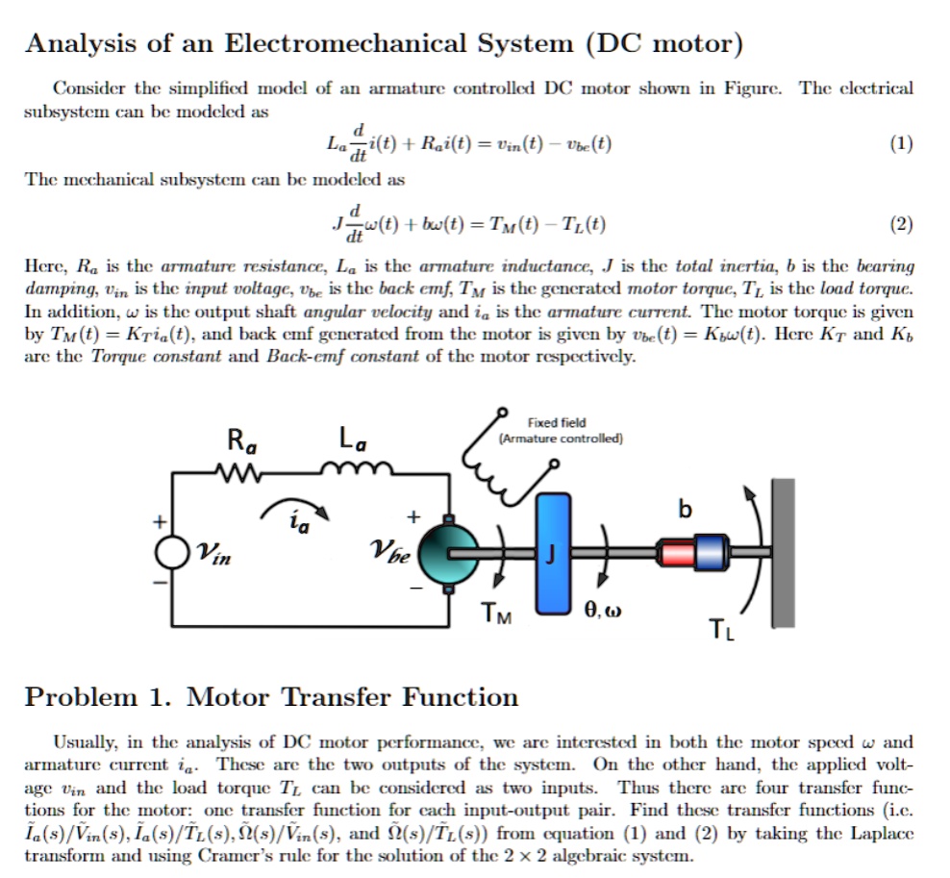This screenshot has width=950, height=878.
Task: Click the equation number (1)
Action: [900, 145]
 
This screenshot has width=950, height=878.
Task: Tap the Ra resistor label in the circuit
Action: [240, 442]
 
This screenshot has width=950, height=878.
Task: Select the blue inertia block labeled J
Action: [553, 552]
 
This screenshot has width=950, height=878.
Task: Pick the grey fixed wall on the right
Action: [784, 552]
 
